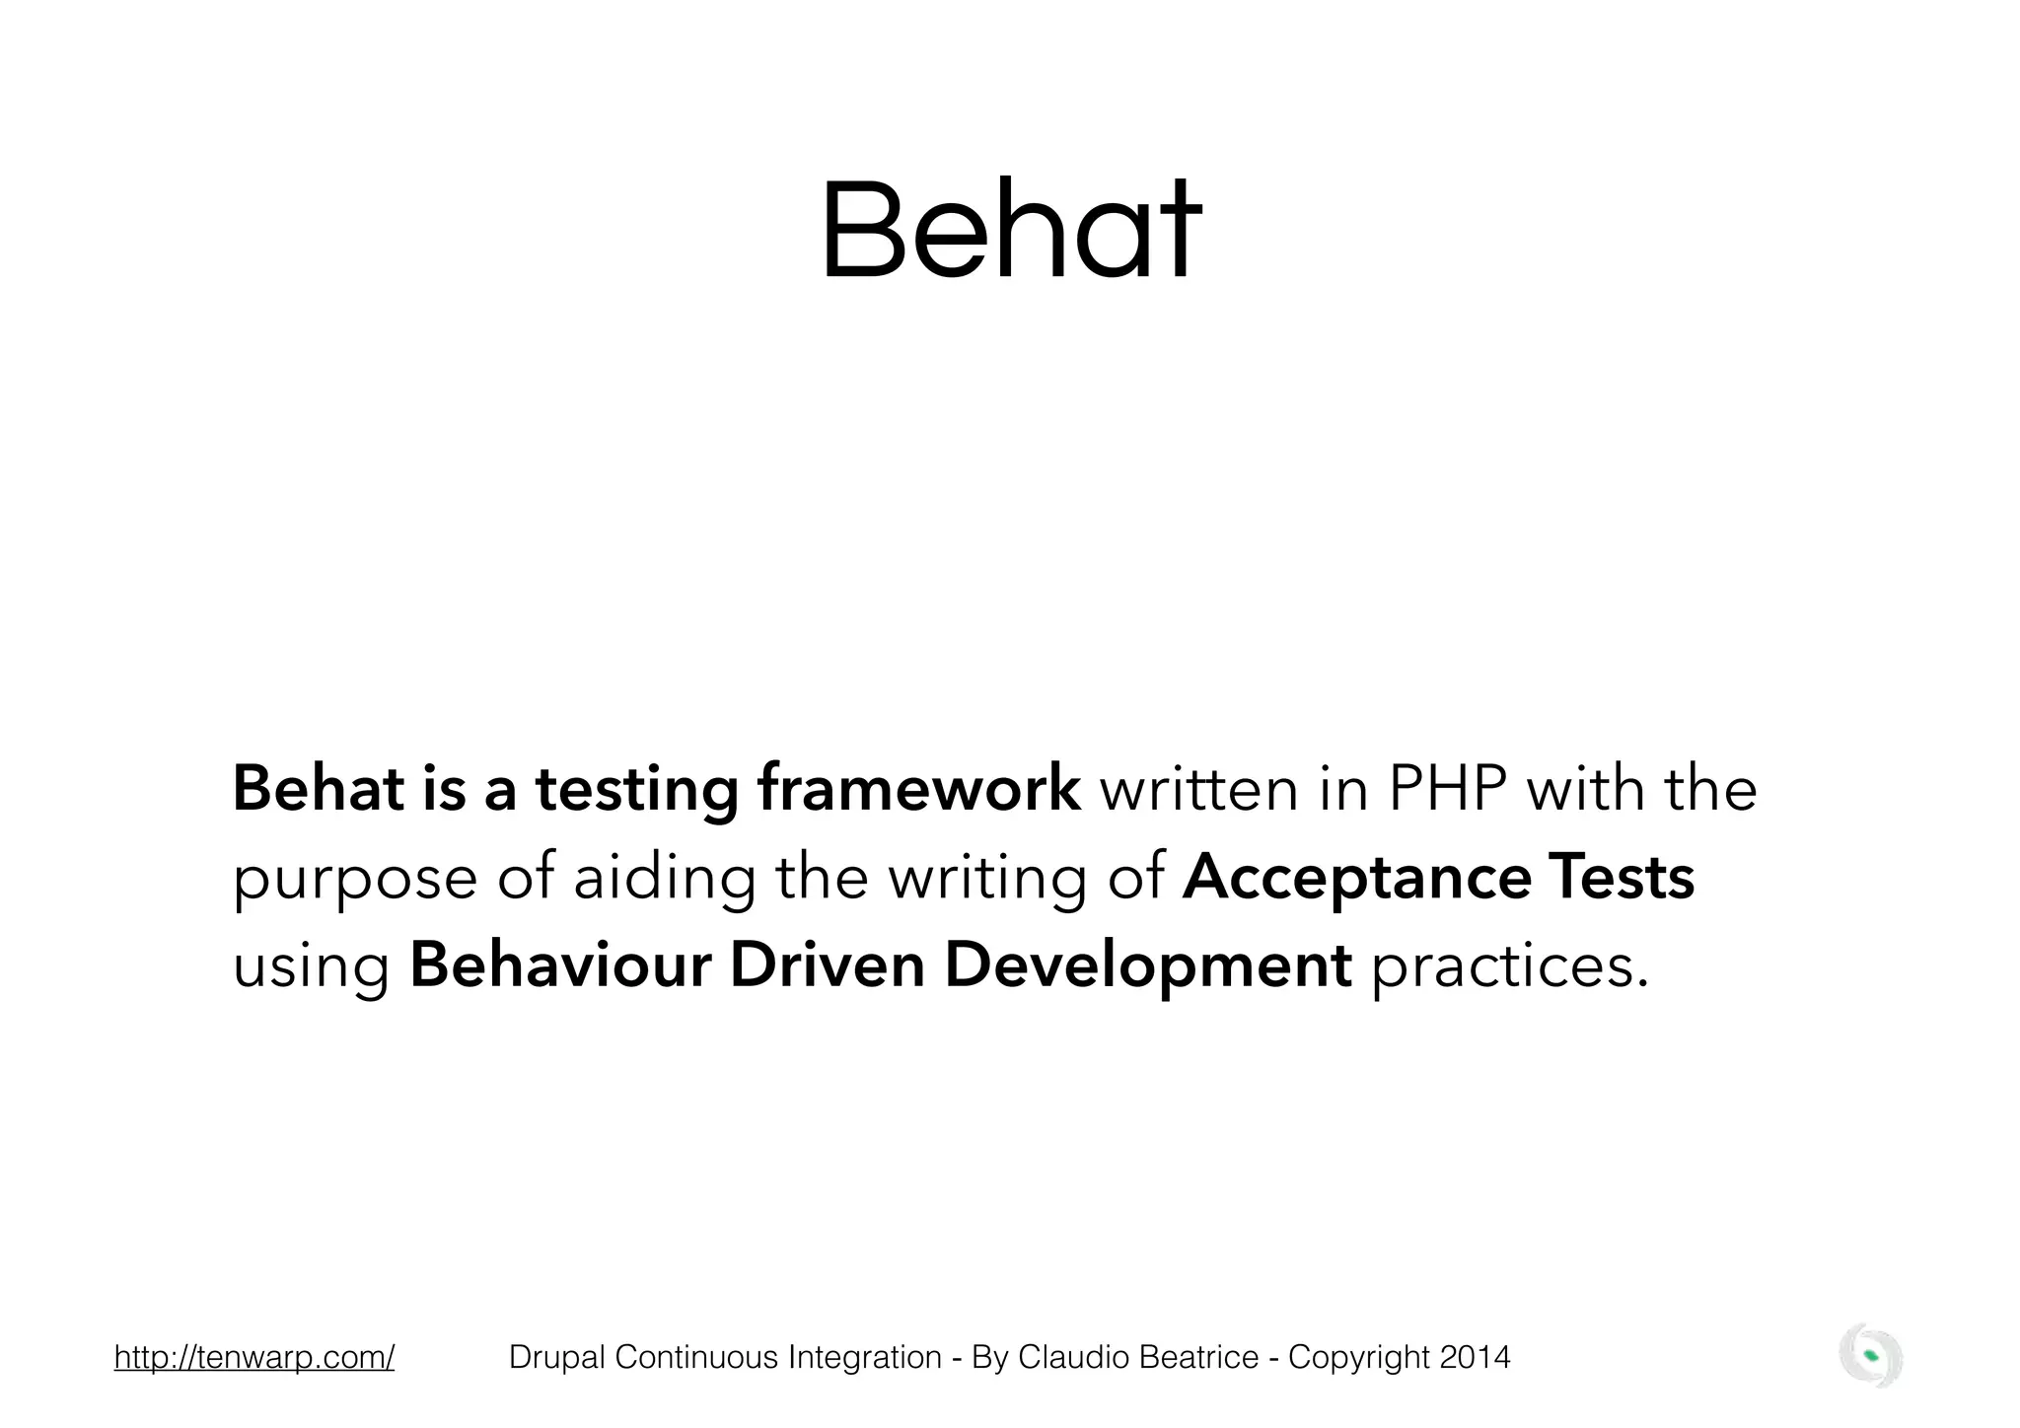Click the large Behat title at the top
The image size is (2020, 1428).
1010,231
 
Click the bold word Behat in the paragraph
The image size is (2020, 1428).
318,790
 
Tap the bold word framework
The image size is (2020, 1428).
918,790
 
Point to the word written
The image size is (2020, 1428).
1198,790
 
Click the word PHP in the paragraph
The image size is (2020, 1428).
1447,790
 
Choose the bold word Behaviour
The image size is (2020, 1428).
560,965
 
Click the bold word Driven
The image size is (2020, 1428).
827,965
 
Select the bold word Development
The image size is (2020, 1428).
1148,967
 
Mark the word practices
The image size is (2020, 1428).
1510,967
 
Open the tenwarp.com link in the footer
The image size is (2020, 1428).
254,1358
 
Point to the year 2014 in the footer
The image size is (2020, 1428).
1474,1358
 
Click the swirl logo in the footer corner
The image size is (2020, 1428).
1870,1356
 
